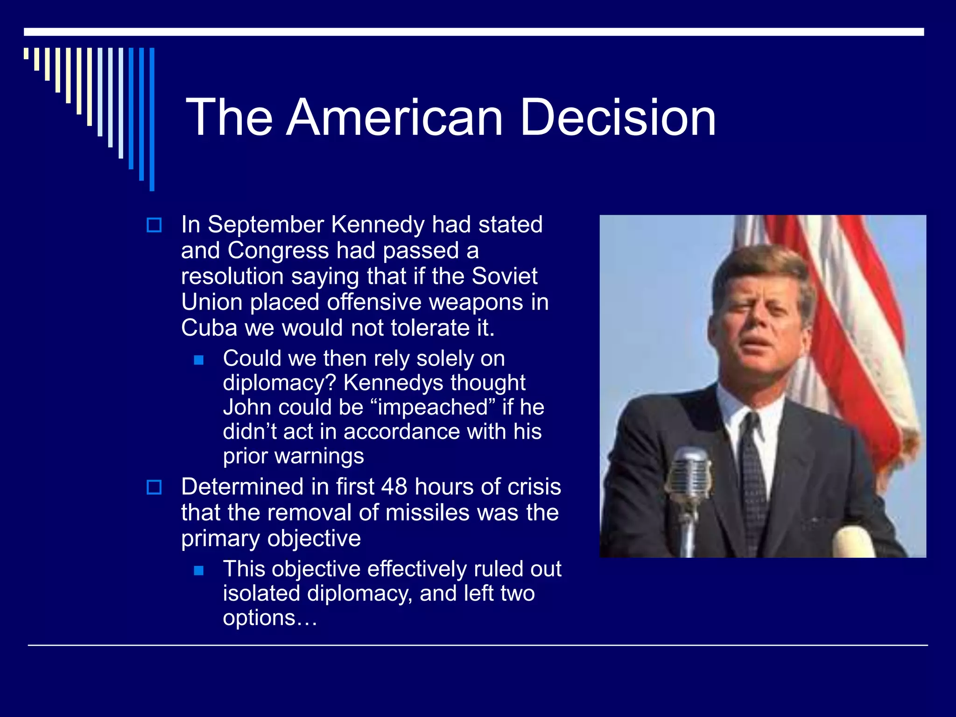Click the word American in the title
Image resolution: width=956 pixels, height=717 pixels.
(394, 118)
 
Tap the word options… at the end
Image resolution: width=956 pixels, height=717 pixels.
(270, 619)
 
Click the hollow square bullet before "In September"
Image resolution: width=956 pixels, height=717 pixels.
(154, 225)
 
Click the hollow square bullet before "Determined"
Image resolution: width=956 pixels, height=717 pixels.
(154, 487)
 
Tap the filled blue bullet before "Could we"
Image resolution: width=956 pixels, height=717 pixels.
(199, 360)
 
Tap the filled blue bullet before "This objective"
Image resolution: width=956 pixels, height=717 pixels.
(199, 570)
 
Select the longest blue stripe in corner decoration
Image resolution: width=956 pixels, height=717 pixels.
(152, 119)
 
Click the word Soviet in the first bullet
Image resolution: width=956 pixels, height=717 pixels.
(504, 276)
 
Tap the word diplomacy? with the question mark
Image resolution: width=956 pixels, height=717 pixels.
(279, 383)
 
